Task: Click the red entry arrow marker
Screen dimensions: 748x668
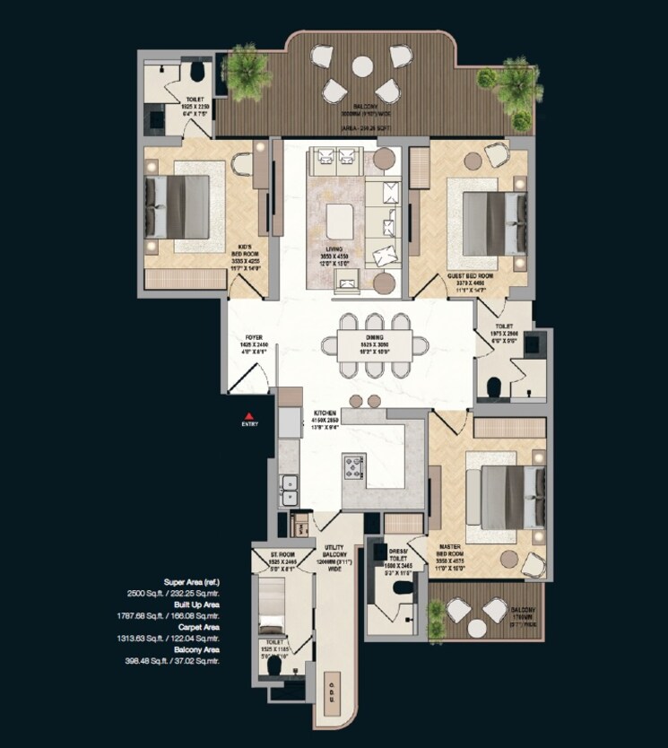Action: tap(250, 415)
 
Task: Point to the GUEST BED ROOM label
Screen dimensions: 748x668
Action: tap(467, 277)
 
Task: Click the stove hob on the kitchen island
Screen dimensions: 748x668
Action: tap(354, 465)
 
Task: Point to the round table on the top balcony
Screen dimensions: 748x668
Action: tap(362, 66)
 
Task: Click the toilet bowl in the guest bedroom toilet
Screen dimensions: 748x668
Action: tap(492, 387)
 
